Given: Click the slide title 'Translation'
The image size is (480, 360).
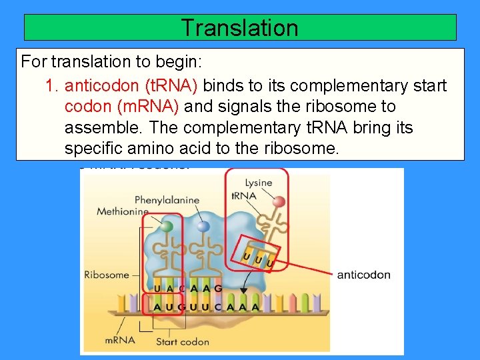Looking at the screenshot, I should coord(239,28).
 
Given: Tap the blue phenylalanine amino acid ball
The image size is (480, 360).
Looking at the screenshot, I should coord(203,227).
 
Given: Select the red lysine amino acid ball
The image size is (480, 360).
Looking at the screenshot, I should coord(279,202).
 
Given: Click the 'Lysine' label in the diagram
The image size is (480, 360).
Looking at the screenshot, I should coord(259,183).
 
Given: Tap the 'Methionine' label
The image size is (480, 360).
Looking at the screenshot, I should coord(122,211).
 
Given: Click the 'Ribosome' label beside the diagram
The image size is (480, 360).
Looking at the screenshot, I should coord(107,274).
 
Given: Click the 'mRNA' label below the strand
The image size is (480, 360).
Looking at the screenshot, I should coord(120,340).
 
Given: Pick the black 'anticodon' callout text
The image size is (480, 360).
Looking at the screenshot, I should coord(364,275).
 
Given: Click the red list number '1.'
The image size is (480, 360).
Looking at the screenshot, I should coord(52,86).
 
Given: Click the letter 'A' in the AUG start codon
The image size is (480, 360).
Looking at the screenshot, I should coord(157,307).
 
